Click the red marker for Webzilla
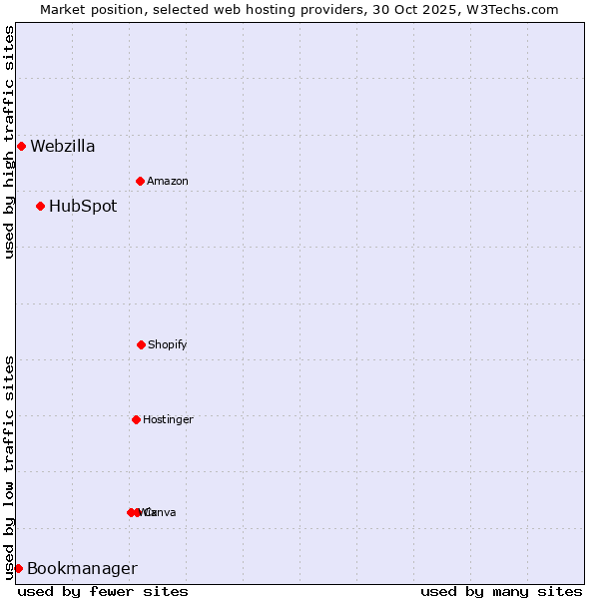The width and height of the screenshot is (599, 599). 21,146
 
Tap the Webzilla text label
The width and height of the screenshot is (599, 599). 63,147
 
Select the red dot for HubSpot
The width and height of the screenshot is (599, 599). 40,206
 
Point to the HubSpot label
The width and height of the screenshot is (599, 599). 83,207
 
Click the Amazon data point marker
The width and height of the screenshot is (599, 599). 140,181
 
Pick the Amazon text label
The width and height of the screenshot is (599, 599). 168,182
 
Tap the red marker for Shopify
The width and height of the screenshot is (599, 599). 141,344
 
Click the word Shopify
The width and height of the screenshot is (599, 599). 168,345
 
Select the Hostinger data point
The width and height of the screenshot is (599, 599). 136,419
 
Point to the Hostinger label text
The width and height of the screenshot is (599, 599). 168,420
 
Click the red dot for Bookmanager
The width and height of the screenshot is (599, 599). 18,568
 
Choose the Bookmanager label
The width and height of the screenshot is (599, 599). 82,569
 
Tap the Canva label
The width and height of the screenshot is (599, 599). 161,513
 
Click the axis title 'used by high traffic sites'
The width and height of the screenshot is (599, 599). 9,142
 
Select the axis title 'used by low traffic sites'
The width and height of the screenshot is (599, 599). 9,467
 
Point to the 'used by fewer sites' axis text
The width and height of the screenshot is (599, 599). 103,591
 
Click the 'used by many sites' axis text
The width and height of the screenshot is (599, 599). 501,591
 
